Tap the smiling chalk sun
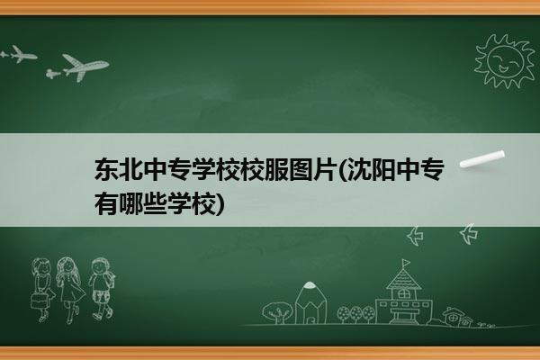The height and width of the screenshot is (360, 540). [505, 61]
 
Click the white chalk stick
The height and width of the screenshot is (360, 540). [482, 158]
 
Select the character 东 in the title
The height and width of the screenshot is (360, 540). [106, 170]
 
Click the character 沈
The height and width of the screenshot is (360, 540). [358, 170]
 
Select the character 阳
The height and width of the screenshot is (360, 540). [382, 170]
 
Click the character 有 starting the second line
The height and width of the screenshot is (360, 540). [106, 203]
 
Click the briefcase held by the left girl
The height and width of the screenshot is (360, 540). [39, 301]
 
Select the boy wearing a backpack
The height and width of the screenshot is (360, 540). [102, 289]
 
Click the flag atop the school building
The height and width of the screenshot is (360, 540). [407, 263]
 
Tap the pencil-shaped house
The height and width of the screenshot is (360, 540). [310, 303]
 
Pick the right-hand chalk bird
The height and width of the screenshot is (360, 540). [469, 234]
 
